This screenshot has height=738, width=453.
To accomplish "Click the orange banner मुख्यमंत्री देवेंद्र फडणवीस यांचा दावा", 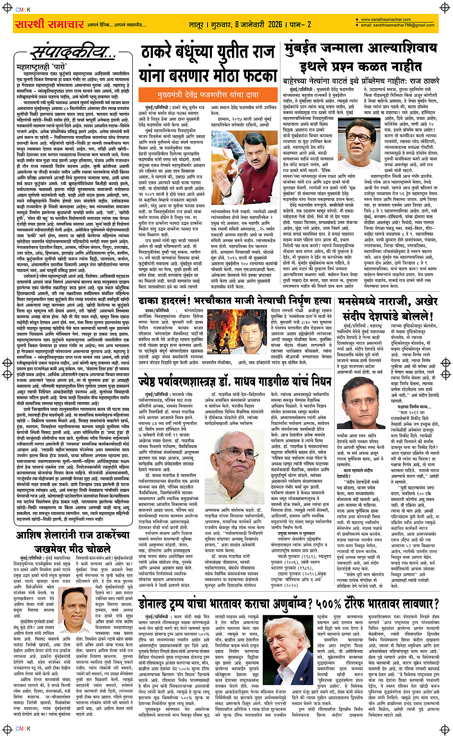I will point(205,95).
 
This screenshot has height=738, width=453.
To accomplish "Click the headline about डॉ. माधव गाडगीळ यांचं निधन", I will point(235,381).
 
